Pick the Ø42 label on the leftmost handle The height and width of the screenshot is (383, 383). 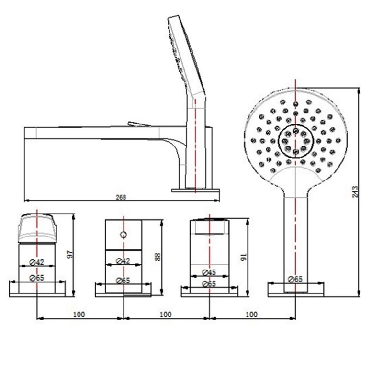coord(36,261)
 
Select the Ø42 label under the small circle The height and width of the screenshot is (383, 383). coord(124,261)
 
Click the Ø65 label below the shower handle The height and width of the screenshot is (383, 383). coord(296,279)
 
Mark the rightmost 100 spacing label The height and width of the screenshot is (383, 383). coord(251,314)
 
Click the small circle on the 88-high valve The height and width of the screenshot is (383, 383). coord(124,235)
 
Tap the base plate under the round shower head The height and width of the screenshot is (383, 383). coord(295,289)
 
